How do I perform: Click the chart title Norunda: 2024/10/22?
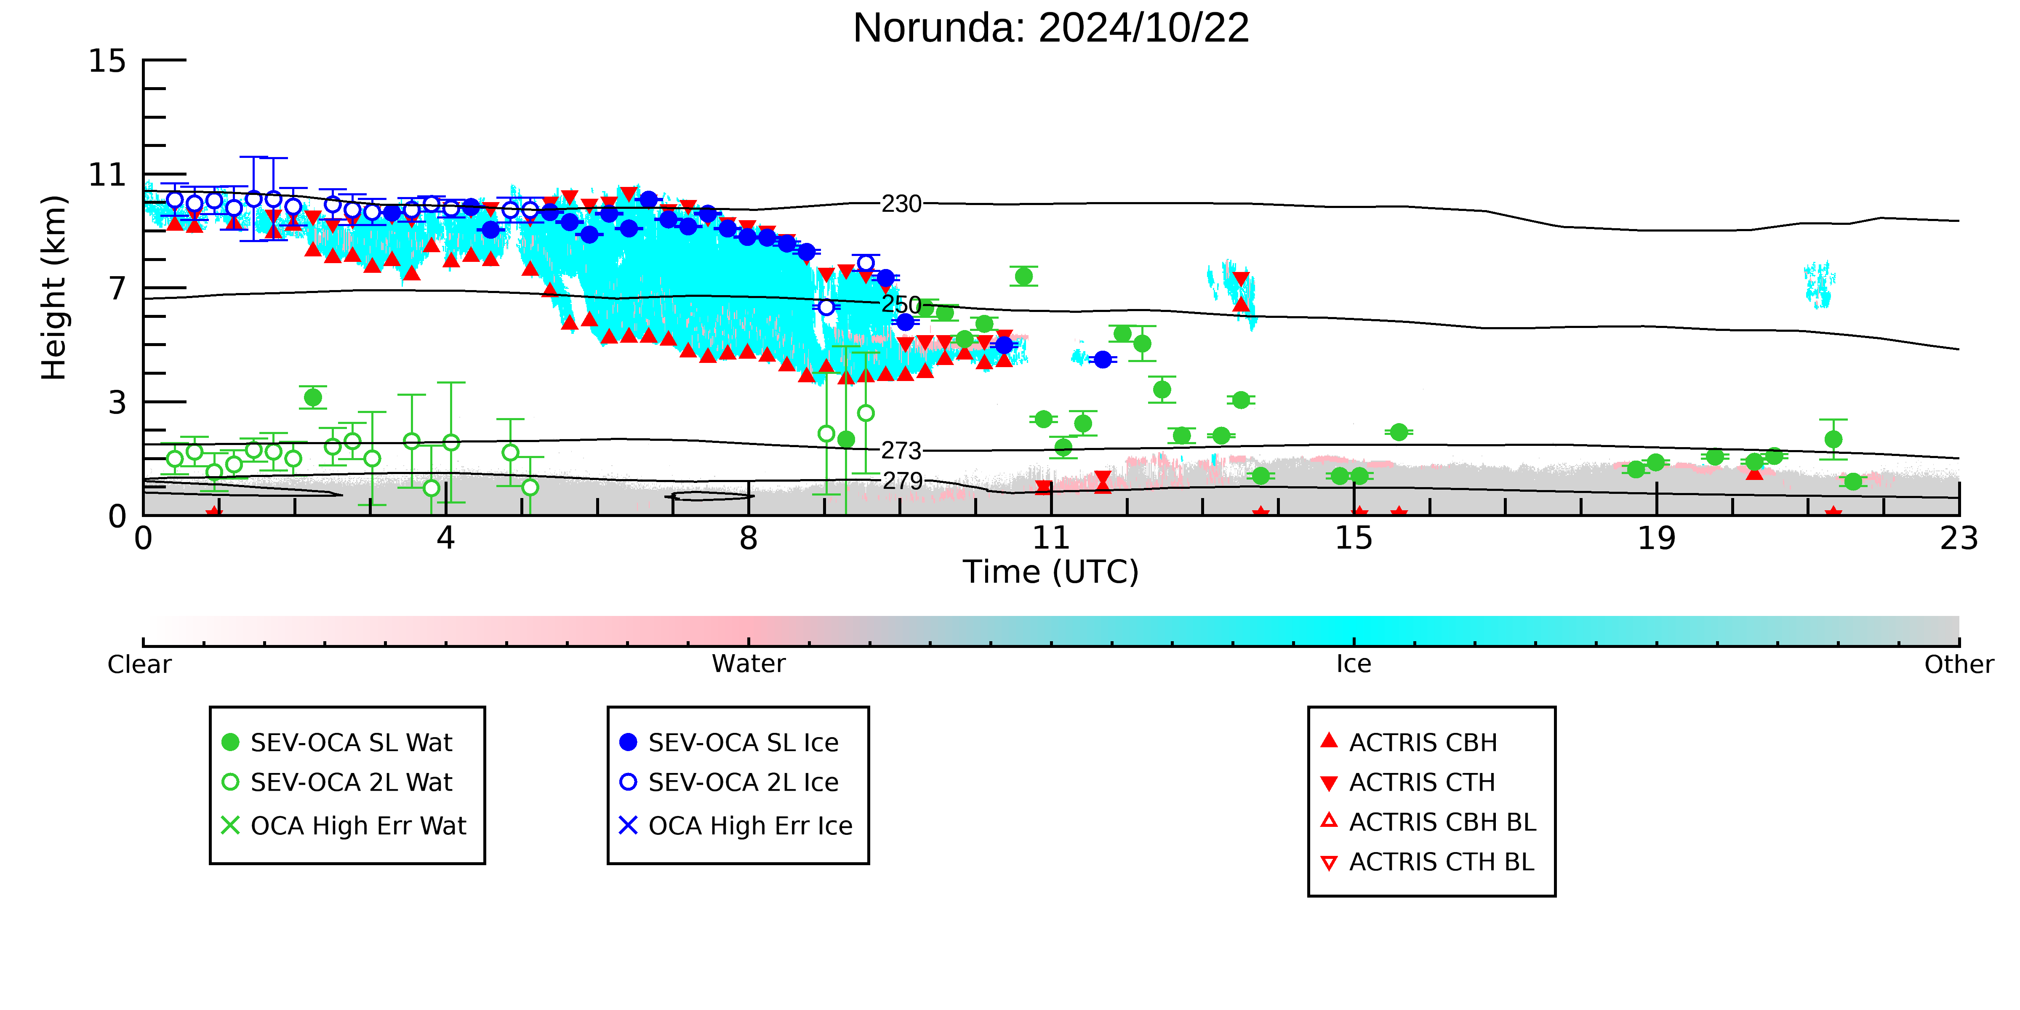1051,28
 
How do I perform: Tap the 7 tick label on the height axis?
117,288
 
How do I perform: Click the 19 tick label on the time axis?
1656,539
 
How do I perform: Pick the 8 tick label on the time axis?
749,539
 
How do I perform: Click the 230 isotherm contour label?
901,204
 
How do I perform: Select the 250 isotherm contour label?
901,304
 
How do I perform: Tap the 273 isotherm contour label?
901,451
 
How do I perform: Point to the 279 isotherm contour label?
903,481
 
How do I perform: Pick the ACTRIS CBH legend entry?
1409,743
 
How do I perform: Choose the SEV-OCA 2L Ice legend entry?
729,783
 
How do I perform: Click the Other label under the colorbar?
1959,664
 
